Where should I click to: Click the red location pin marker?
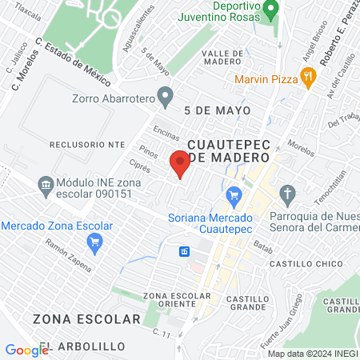(x=180, y=165)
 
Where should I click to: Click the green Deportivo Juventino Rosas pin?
(x=270, y=10)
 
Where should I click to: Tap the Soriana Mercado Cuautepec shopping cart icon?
(x=234, y=194)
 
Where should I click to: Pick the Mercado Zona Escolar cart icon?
(x=96, y=242)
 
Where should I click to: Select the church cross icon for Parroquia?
(x=288, y=194)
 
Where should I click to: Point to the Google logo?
(x=26, y=350)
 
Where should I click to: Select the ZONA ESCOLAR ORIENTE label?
(x=170, y=300)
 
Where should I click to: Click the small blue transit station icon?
(x=185, y=251)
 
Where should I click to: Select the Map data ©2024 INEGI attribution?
(x=312, y=354)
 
